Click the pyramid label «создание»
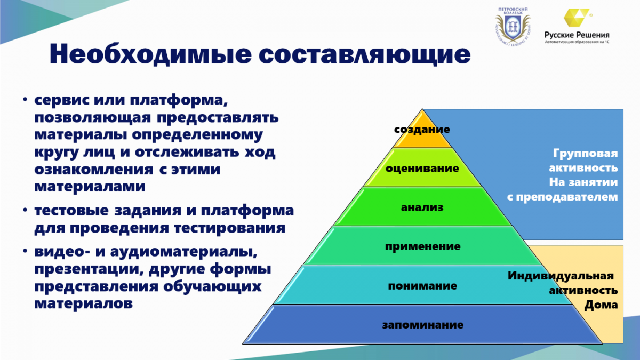[x=422, y=130]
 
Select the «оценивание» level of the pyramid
[x=422, y=169]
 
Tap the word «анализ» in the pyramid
[x=422, y=207]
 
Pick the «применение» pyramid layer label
[x=422, y=246]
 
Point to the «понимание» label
[x=422, y=286]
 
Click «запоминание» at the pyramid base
[x=423, y=325]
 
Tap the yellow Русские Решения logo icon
[x=577, y=18]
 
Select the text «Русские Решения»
[x=577, y=35]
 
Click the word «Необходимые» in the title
[x=150, y=54]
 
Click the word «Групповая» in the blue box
[x=586, y=154]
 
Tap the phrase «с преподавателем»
[x=562, y=197]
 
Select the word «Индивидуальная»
[x=561, y=276]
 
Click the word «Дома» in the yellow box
[x=601, y=305]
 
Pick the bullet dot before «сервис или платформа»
[x=26, y=100]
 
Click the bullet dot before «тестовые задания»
[x=26, y=210]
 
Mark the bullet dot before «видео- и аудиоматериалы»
[x=26, y=251]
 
